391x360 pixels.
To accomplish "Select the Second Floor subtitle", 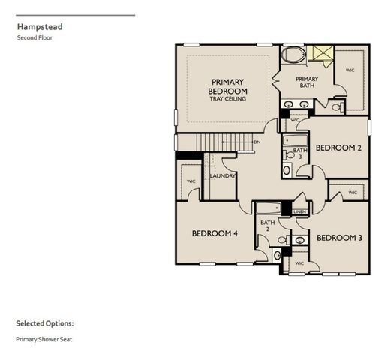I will (x=34, y=37).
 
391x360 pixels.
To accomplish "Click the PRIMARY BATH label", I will (x=307, y=82).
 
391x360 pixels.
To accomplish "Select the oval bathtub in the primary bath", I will (x=292, y=55).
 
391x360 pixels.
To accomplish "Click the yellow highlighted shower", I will (x=323, y=53).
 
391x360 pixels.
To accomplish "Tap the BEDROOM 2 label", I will (x=338, y=148).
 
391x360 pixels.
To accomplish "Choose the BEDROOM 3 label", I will (x=339, y=238).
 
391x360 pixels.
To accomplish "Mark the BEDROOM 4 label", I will (x=215, y=233).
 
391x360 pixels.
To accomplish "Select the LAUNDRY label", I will (x=223, y=176).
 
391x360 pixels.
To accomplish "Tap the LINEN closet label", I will (x=299, y=213).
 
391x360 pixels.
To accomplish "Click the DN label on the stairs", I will (x=257, y=142).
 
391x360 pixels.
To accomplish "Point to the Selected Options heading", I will (x=45, y=323).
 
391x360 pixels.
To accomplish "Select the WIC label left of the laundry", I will (x=191, y=181).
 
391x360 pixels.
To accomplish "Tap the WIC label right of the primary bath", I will (x=350, y=70).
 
